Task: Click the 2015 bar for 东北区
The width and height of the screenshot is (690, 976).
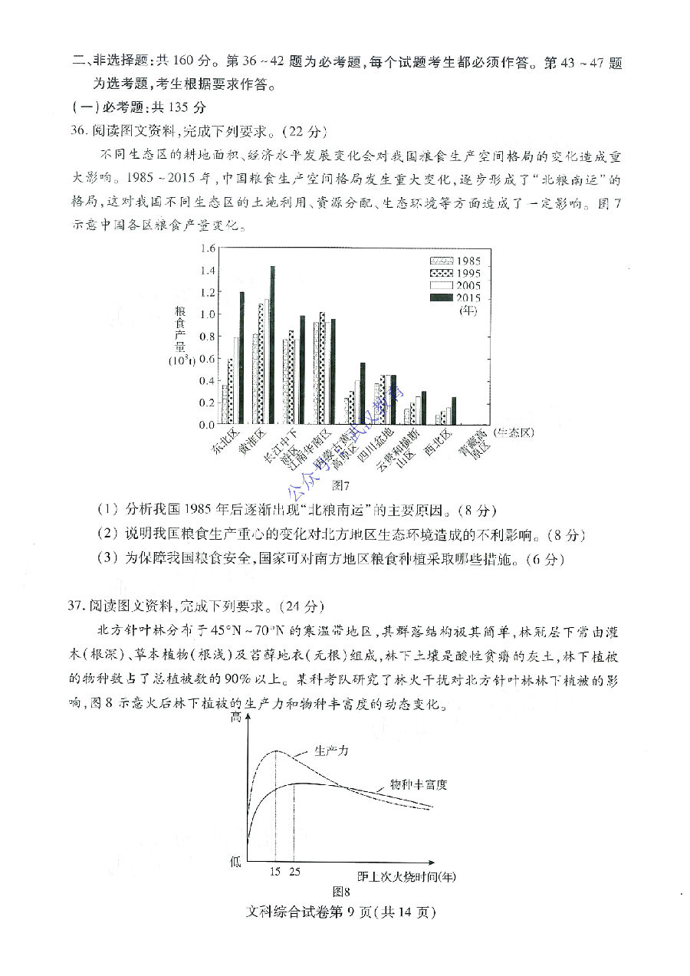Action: click(242, 358)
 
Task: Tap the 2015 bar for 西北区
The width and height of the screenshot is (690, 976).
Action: click(454, 410)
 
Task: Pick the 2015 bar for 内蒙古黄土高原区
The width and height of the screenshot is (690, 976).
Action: click(363, 393)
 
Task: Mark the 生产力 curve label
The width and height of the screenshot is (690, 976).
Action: click(331, 751)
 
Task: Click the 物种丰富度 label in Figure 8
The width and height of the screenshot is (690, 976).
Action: click(418, 784)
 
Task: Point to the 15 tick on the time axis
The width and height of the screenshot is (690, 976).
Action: click(275, 872)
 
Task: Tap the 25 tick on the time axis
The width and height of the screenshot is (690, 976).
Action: click(294, 872)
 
